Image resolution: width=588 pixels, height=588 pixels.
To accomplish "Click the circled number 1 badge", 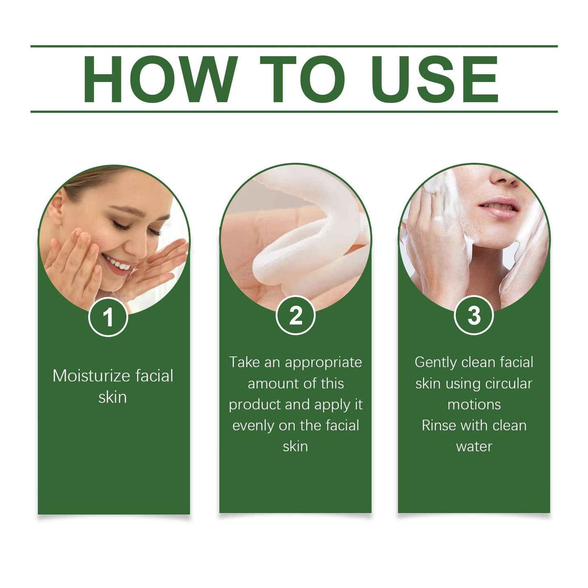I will (x=108, y=317).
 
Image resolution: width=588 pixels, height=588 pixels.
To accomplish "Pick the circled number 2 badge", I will (x=295, y=315).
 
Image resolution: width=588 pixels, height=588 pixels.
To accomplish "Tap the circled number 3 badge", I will (x=474, y=315).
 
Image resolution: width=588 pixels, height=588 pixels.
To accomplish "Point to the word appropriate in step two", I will (x=324, y=363).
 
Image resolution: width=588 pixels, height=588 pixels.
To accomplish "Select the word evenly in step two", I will (x=253, y=426).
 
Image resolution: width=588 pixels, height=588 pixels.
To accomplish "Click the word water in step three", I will (x=474, y=447).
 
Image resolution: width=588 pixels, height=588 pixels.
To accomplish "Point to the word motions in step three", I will (x=474, y=405).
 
